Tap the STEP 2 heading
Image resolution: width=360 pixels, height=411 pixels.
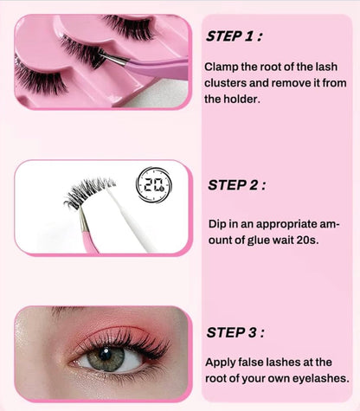(x=236, y=184)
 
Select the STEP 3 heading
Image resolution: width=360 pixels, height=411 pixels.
(x=236, y=332)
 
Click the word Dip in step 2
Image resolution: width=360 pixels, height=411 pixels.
(x=217, y=223)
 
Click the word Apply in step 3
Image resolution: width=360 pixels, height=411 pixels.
(x=222, y=362)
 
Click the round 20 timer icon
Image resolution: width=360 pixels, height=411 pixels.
(x=153, y=183)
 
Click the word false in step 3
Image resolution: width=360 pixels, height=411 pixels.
(x=256, y=362)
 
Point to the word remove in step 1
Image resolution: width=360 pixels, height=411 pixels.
(x=301, y=82)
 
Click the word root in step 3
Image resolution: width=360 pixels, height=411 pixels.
(x=221, y=378)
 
